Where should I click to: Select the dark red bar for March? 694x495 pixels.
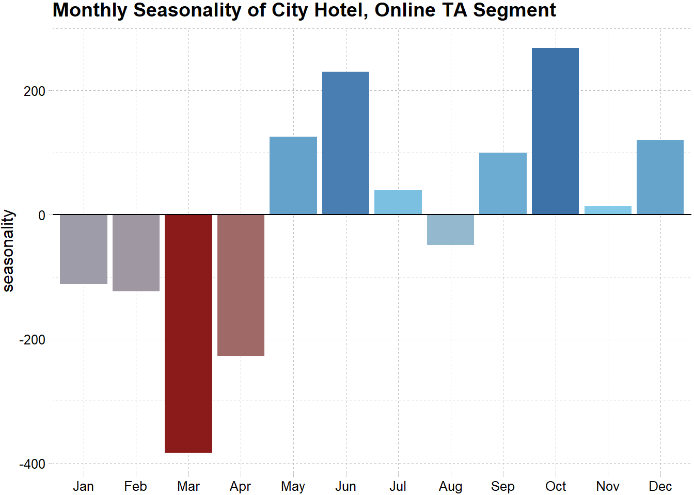pyautogui.click(x=188, y=333)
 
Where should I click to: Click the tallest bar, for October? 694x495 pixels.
pyautogui.click(x=555, y=131)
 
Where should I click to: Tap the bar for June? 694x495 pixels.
pyautogui.click(x=345, y=143)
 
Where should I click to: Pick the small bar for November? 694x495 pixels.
pyautogui.click(x=608, y=210)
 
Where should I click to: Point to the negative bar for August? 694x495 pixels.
pyautogui.click(x=450, y=229)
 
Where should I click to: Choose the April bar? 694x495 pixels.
pyautogui.click(x=241, y=285)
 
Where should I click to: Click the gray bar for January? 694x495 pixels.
pyautogui.click(x=84, y=249)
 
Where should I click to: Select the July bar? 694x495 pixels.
pyautogui.click(x=398, y=202)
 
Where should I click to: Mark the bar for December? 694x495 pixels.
pyautogui.click(x=660, y=177)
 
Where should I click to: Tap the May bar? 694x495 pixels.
pyautogui.click(x=293, y=175)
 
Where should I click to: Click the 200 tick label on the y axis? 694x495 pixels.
pyautogui.click(x=35, y=91)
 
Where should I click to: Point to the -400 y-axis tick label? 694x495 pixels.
pyautogui.click(x=33, y=464)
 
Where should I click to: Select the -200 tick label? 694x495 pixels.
pyautogui.click(x=33, y=340)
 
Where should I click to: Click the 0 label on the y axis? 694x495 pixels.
pyautogui.click(x=42, y=216)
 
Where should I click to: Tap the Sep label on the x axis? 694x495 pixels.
pyautogui.click(x=502, y=486)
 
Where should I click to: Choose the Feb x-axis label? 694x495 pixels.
pyautogui.click(x=136, y=486)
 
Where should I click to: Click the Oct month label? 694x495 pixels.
pyautogui.click(x=556, y=486)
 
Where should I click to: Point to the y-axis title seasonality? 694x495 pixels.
pyautogui.click(x=8, y=251)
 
